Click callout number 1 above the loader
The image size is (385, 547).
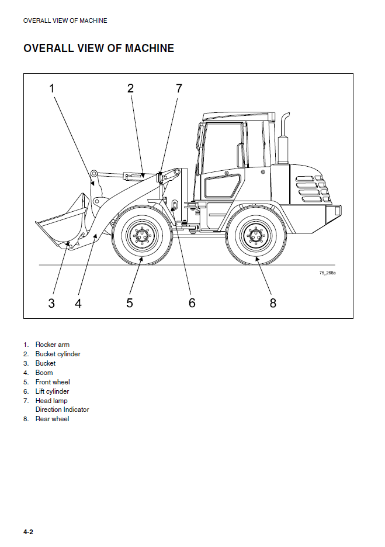coord(51,89)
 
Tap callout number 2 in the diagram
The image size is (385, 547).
coord(130,89)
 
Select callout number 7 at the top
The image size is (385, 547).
coord(179,89)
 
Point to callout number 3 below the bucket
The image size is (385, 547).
coord(51,303)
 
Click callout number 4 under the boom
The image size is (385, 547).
coord(78,303)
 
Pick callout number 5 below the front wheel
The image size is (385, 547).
coord(130,303)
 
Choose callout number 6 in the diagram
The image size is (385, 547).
coord(192,303)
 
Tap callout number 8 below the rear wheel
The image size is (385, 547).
coord(273,303)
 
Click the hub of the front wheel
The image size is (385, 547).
coord(142,236)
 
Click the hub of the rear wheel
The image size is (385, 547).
coord(256,236)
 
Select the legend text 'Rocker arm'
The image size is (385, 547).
coord(52,345)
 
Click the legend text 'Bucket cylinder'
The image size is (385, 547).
coord(58,354)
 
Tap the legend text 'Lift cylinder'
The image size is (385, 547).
coord(52,391)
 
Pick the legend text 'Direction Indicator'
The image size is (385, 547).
coord(62,410)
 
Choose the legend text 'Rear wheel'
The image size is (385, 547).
coord(52,419)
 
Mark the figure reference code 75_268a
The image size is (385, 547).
coord(327,273)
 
